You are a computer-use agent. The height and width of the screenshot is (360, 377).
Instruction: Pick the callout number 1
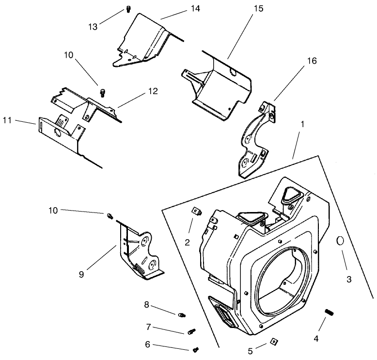coord(302,124)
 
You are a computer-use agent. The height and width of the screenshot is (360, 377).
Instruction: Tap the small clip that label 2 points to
coord(197,211)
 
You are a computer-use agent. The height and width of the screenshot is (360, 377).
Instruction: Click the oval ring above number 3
coord(341,241)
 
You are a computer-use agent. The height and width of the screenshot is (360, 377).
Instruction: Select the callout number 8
coord(147,304)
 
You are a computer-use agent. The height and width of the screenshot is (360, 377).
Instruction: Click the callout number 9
coord(81,275)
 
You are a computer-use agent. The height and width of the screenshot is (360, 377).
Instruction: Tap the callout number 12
coord(153,91)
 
